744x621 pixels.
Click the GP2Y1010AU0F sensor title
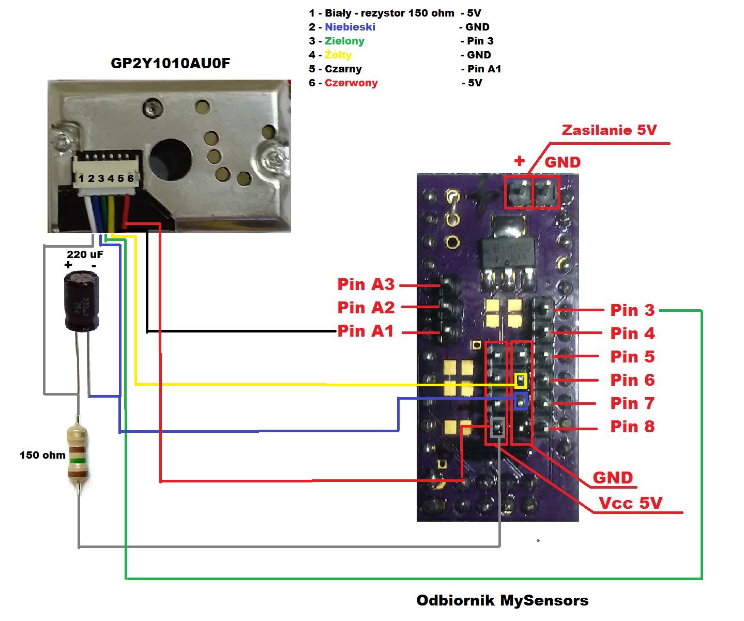[x=170, y=63]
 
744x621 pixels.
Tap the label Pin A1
[x=366, y=331]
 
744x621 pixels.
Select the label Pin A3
[x=366, y=284]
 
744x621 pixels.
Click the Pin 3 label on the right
[x=632, y=310]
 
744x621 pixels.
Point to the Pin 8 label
[x=632, y=427]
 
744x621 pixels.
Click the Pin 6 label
[x=632, y=380]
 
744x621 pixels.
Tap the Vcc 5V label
[x=630, y=503]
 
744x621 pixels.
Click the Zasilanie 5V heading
[x=609, y=130]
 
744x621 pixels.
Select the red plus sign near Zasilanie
[x=520, y=161]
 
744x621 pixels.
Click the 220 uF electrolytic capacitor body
[x=82, y=302]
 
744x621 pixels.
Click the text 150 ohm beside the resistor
[x=42, y=455]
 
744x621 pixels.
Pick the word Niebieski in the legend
[x=350, y=27]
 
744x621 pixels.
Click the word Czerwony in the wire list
[x=351, y=83]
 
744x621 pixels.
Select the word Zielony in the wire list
[x=344, y=41]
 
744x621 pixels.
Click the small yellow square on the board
[x=521, y=381]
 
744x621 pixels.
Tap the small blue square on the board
[x=521, y=401]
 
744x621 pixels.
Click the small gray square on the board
[x=497, y=428]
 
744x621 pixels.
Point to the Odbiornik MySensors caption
[x=502, y=600]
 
